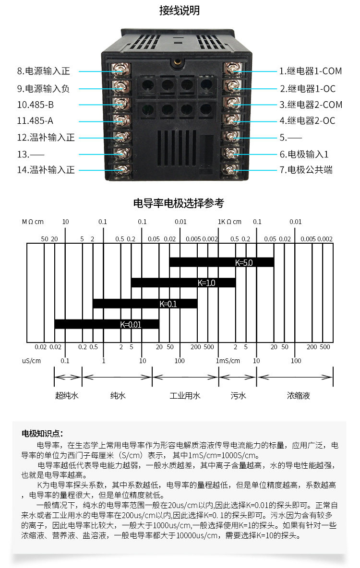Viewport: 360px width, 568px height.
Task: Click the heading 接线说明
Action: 180,11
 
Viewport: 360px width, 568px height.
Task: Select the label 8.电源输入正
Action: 44,71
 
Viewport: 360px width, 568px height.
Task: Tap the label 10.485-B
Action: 39,105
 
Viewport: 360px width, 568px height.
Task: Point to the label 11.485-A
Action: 39,121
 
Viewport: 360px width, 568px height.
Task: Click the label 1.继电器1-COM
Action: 311,71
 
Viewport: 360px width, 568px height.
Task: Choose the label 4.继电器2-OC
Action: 308,121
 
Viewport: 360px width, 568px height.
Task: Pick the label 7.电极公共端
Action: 306,170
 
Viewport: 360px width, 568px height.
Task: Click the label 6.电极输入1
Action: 304,154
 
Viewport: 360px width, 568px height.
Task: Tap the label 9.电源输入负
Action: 44,88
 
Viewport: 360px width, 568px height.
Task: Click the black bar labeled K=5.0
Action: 221,262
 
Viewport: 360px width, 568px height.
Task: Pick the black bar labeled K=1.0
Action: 183,283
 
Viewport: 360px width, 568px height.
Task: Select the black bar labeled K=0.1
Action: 145,303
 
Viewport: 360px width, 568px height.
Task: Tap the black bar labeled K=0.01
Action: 107,324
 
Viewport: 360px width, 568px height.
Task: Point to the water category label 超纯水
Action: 67,396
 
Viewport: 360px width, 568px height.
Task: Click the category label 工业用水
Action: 185,396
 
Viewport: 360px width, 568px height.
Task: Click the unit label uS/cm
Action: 31,361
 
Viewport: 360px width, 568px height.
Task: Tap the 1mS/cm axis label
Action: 228,361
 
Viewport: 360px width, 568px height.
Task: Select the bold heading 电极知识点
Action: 42,434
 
